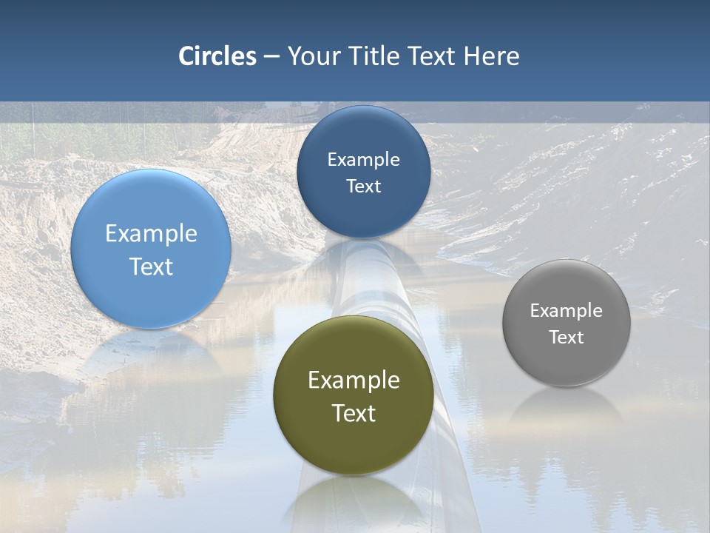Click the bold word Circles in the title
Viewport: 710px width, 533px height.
pyautogui.click(x=217, y=56)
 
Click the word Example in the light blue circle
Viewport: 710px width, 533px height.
pyautogui.click(x=151, y=234)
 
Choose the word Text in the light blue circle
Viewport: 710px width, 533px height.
pyautogui.click(x=151, y=266)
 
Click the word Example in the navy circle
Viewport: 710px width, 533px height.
pyautogui.click(x=363, y=160)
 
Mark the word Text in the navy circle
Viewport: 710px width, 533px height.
pyautogui.click(x=363, y=187)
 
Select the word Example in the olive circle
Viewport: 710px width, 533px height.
pyautogui.click(x=354, y=381)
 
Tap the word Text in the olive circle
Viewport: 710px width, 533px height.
pyautogui.click(x=354, y=413)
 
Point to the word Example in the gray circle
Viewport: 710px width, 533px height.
pyautogui.click(x=566, y=311)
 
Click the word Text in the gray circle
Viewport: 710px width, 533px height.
pyautogui.click(x=566, y=338)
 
